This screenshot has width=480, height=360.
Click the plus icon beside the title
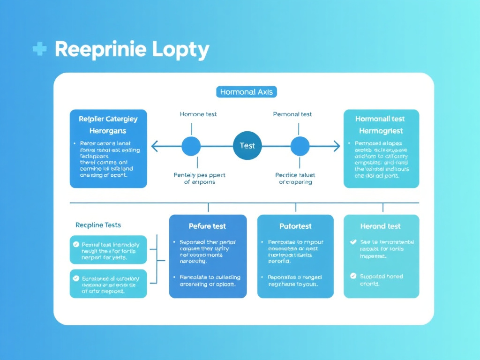point(39,49)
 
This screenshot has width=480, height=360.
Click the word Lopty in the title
point(180,50)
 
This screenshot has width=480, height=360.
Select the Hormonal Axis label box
point(247,92)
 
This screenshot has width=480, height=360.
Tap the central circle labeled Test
point(247,146)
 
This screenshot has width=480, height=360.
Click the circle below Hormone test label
point(191,146)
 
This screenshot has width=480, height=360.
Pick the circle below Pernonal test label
point(300,146)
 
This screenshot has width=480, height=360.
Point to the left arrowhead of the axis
point(154,147)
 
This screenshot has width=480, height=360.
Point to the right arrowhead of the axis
point(336,147)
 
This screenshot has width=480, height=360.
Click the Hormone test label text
point(198,114)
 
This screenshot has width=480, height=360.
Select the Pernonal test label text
point(292,114)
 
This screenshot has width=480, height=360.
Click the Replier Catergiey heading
point(108,119)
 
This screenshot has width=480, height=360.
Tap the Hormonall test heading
point(380,119)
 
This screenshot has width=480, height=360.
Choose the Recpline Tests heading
point(98,225)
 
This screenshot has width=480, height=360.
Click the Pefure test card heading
point(207,226)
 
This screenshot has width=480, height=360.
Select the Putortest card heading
point(295,226)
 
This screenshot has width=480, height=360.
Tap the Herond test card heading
point(380,226)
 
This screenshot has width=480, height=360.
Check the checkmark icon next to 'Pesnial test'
point(76,244)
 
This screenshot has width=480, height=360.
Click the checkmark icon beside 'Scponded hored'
point(353,276)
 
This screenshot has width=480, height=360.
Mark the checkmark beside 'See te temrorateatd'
point(353,242)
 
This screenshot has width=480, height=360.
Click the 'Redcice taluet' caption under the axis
point(295,175)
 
